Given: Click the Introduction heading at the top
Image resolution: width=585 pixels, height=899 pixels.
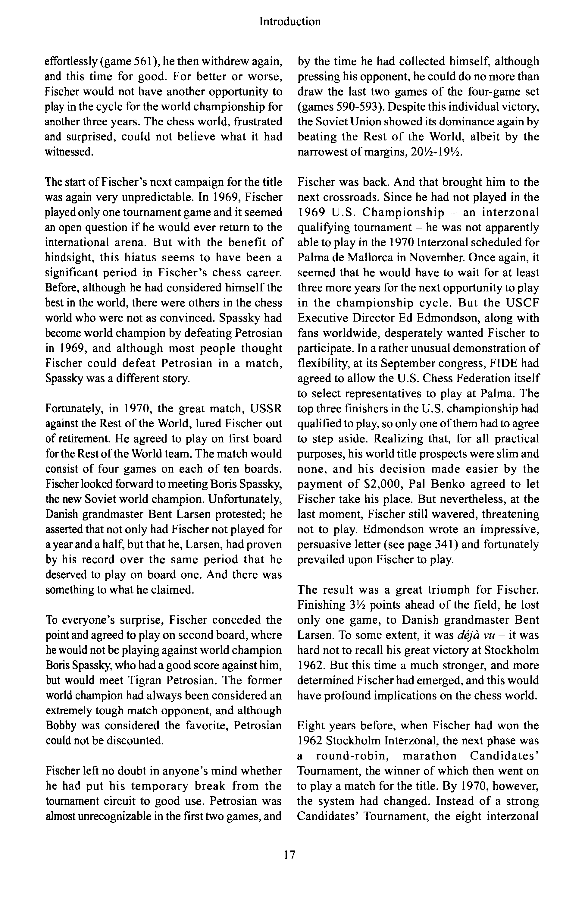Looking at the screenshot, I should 290,22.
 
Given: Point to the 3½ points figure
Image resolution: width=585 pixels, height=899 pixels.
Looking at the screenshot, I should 358,605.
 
